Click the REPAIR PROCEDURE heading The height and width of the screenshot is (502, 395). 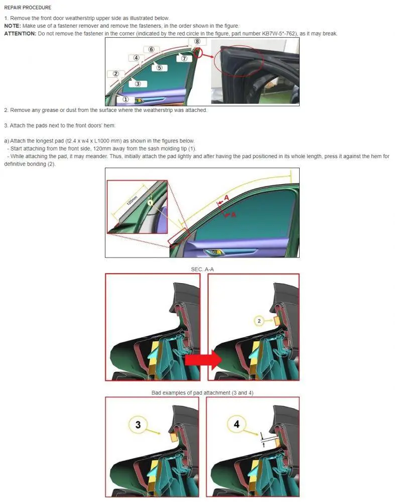click(28, 8)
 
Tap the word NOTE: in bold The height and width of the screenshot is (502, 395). click(13, 26)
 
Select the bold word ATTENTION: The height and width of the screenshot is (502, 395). click(20, 34)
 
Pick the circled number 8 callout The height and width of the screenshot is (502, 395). click(197, 41)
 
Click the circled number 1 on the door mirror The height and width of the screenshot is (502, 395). click(125, 99)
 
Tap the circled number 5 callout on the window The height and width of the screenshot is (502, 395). click(160, 68)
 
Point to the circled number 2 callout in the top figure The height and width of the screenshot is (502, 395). click(116, 74)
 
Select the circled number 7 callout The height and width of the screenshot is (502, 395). click(184, 58)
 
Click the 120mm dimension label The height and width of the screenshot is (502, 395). click(132, 200)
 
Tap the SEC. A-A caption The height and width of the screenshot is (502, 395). click(202, 269)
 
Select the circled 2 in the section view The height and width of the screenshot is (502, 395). click(259, 321)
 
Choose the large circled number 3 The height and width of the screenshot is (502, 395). click(138, 425)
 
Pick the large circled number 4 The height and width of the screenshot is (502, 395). click(236, 424)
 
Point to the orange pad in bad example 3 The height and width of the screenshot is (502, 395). click(175, 436)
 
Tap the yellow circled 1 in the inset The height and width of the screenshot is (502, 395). click(150, 203)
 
